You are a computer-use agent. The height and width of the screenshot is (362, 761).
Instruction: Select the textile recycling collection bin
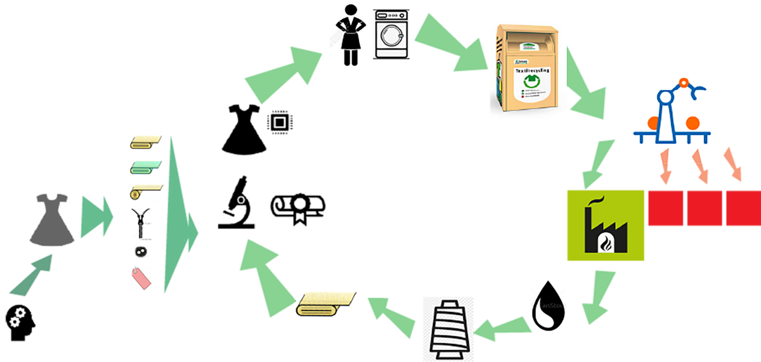[528, 69]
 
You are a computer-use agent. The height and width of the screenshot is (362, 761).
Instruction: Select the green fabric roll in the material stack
[146, 167]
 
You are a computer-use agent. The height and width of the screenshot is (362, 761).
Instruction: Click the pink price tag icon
[141, 278]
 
